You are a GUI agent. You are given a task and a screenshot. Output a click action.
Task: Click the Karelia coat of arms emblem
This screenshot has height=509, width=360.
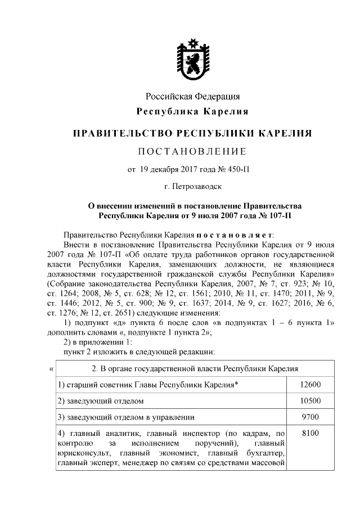193,58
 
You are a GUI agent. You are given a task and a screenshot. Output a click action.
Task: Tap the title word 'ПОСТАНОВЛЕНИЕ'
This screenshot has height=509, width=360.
193,152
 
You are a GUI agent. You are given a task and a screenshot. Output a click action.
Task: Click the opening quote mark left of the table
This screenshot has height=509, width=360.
52,368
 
